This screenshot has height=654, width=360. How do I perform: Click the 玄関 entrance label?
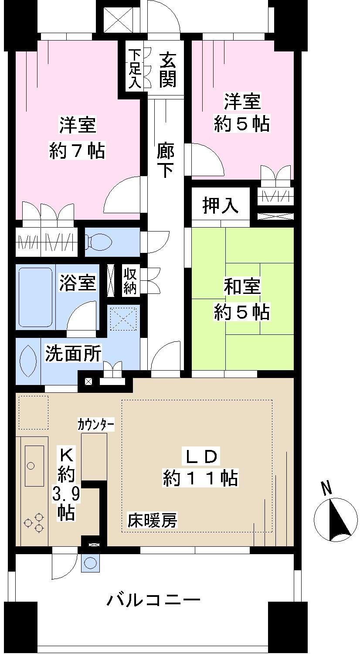click(x=168, y=69)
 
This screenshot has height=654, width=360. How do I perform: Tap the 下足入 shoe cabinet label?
click(x=134, y=69)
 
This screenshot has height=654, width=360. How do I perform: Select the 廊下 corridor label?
click(x=166, y=161)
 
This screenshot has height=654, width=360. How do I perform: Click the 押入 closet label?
click(x=221, y=206)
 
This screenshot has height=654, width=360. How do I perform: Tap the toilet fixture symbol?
click(x=99, y=242)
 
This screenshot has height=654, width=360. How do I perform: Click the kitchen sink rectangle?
click(x=34, y=466)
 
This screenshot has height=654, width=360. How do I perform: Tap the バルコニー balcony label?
click(x=154, y=601)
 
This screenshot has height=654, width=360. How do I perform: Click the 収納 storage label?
click(x=130, y=282)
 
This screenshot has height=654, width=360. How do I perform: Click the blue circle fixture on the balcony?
click(x=91, y=563)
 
